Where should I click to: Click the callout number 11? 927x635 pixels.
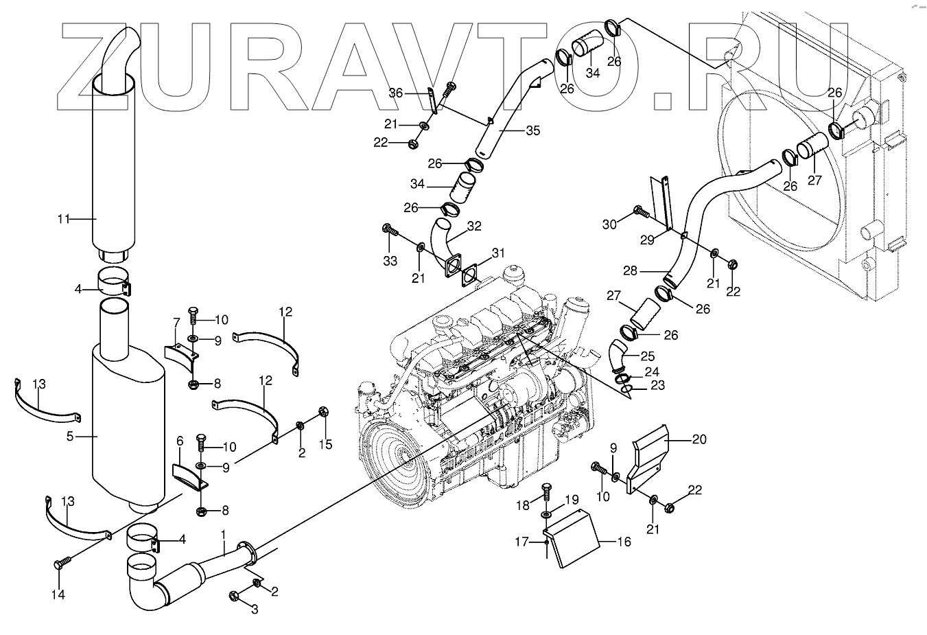coord(63,219)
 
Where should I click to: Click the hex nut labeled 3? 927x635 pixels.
coord(233,595)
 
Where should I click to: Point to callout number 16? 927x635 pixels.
coord(624,542)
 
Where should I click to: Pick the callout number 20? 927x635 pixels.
coord(699,439)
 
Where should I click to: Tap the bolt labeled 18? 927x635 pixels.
coord(547,492)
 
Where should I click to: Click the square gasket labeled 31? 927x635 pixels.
coord(471,274)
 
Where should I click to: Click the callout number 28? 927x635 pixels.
coord(630,271)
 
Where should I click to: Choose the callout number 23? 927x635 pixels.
coord(657,386)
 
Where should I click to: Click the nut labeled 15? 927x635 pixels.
coord(324,412)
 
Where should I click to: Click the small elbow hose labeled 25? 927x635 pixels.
coord(618,357)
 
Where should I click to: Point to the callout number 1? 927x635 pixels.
coord(223,534)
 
